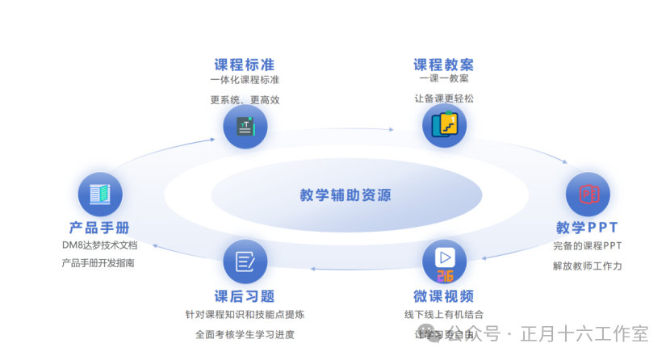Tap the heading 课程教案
444,65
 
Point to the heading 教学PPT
587,227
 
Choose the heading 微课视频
444,295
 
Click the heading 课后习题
245,295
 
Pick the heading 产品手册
99,228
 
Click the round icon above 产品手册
100,194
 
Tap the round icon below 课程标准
245,127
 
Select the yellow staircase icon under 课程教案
444,125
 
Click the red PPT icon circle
587,194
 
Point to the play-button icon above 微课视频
444,260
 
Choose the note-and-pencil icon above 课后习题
245,261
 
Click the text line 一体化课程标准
245,81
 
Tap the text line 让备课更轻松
444,98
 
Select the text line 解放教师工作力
587,266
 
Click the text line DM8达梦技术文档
99,245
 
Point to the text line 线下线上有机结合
444,314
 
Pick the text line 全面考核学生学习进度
245,334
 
